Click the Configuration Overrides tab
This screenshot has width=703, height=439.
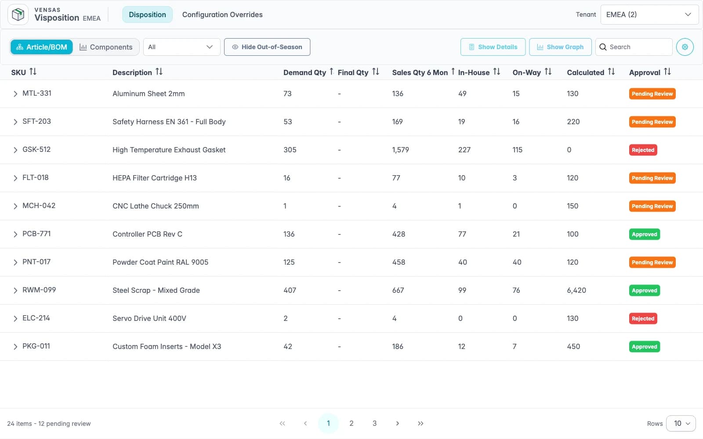[222, 14]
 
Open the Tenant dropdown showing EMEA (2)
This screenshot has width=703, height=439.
[649, 14]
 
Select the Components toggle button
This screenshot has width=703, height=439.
[106, 47]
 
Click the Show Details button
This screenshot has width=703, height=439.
[493, 47]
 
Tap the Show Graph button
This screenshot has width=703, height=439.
[560, 47]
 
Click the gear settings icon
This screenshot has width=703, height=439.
[685, 47]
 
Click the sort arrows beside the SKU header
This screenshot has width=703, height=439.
[33, 72]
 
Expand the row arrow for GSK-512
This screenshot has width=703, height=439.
[15, 150]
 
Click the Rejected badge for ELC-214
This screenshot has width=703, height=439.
[643, 318]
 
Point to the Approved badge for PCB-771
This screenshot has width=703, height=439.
[644, 234]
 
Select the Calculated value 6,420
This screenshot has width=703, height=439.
[576, 290]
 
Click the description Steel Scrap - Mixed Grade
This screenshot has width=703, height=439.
[156, 290]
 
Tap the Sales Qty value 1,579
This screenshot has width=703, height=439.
[400, 150]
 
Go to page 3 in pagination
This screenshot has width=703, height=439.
[374, 423]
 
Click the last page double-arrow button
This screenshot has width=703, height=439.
[420, 423]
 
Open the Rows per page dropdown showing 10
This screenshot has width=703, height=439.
[681, 423]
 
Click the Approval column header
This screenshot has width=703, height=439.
[645, 72]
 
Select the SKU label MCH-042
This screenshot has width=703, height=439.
[39, 205]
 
